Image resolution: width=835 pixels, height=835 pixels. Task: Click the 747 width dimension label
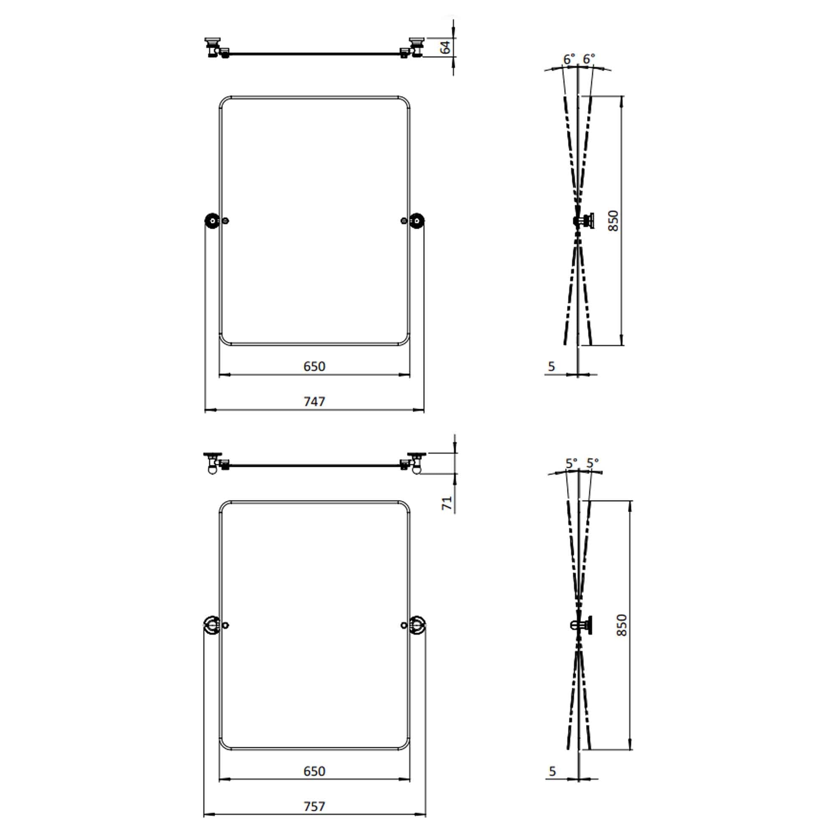click(x=314, y=402)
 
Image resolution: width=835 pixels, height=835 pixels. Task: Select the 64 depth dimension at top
click(x=445, y=47)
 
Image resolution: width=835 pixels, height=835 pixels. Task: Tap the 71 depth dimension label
click(x=447, y=503)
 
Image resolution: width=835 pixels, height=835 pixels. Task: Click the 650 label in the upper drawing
click(x=314, y=367)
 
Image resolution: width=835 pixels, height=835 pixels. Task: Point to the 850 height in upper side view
click(x=613, y=220)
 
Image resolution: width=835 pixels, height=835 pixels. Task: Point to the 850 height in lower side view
click(x=622, y=625)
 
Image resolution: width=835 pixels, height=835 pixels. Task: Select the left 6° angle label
click(x=569, y=59)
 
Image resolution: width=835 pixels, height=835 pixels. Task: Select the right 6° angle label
click(x=589, y=58)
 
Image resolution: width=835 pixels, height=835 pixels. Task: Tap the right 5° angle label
click(x=592, y=463)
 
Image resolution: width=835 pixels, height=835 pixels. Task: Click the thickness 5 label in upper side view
click(x=552, y=367)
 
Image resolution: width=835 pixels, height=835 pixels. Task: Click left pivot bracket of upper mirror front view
click(x=212, y=221)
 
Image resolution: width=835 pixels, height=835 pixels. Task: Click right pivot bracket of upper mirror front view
click(x=417, y=221)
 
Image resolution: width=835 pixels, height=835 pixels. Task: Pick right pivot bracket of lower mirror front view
click(x=417, y=625)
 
